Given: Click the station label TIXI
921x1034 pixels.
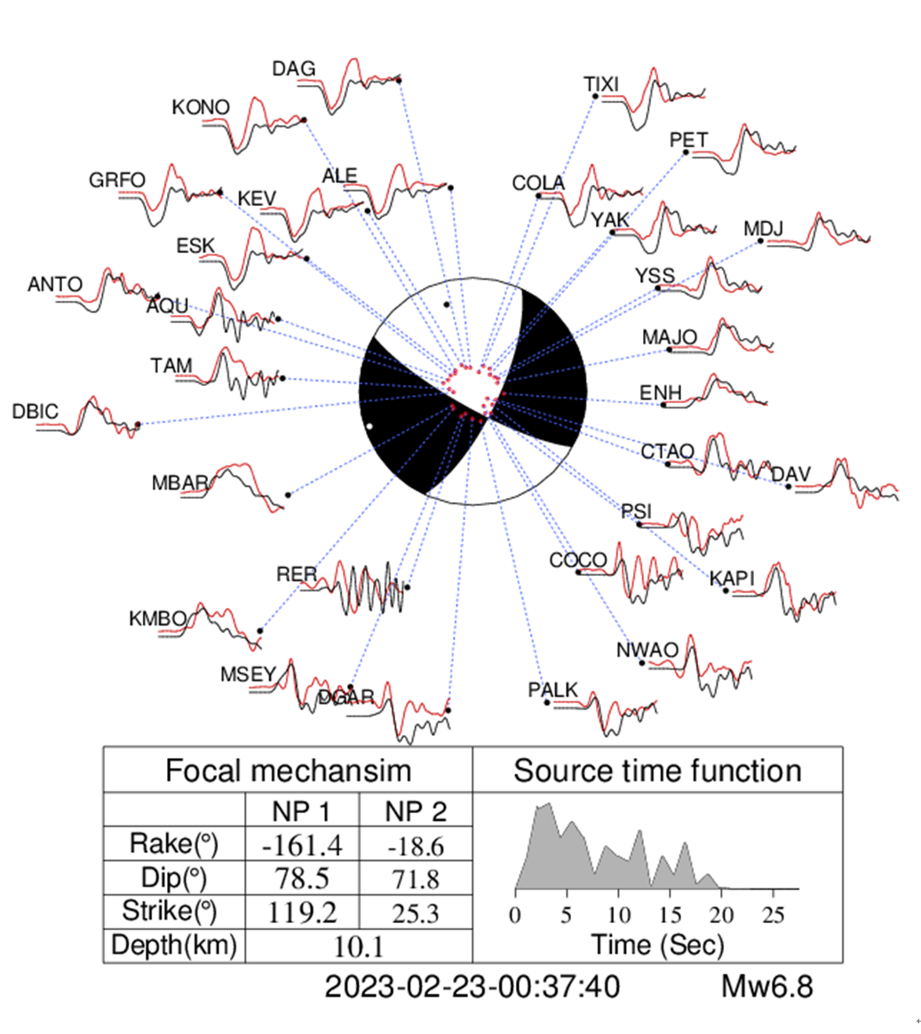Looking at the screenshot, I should click(601, 84).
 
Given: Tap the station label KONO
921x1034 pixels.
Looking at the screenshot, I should click(201, 107).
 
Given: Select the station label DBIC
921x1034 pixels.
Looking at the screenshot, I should click(36, 412).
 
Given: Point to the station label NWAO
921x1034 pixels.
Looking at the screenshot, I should click(647, 651).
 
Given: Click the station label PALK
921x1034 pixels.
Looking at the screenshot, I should click(552, 691).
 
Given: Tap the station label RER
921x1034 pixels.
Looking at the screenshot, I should click(297, 575).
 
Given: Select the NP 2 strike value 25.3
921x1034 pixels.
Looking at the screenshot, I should click(414, 912).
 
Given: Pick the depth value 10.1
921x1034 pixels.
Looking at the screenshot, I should click(358, 947).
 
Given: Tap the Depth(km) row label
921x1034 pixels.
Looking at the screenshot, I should click(174, 946).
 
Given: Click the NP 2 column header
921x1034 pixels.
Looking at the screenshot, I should click(415, 811).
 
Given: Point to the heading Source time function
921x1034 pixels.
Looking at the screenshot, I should click(657, 770).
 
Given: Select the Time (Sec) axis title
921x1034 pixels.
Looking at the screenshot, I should click(657, 944).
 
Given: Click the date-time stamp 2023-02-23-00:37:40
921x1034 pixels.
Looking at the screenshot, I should click(472, 987).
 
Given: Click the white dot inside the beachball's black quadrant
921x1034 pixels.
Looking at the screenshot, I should click(369, 427).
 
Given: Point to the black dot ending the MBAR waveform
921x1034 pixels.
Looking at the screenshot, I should click(288, 494).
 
